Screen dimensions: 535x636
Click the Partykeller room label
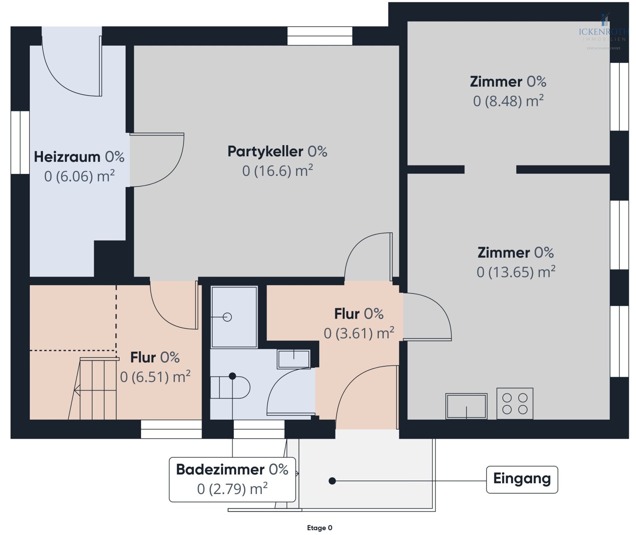(277, 152)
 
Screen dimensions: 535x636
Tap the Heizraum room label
(79, 157)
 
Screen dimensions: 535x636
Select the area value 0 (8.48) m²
(508, 101)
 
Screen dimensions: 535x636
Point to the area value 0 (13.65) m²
(516, 272)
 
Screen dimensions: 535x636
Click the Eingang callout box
(522, 479)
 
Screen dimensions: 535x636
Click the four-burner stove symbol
(514, 403)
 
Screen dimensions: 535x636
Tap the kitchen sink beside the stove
(466, 406)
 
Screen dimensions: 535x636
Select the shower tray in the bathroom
(234, 317)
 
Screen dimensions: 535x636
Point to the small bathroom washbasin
(293, 359)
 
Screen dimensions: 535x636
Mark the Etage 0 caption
(319, 528)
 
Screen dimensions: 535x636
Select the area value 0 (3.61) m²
(359, 333)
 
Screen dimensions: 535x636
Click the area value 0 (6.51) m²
(155, 377)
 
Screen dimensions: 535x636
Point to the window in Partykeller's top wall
(320, 36)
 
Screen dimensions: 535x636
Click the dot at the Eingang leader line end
(332, 481)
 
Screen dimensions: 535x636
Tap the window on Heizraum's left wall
(20, 142)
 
